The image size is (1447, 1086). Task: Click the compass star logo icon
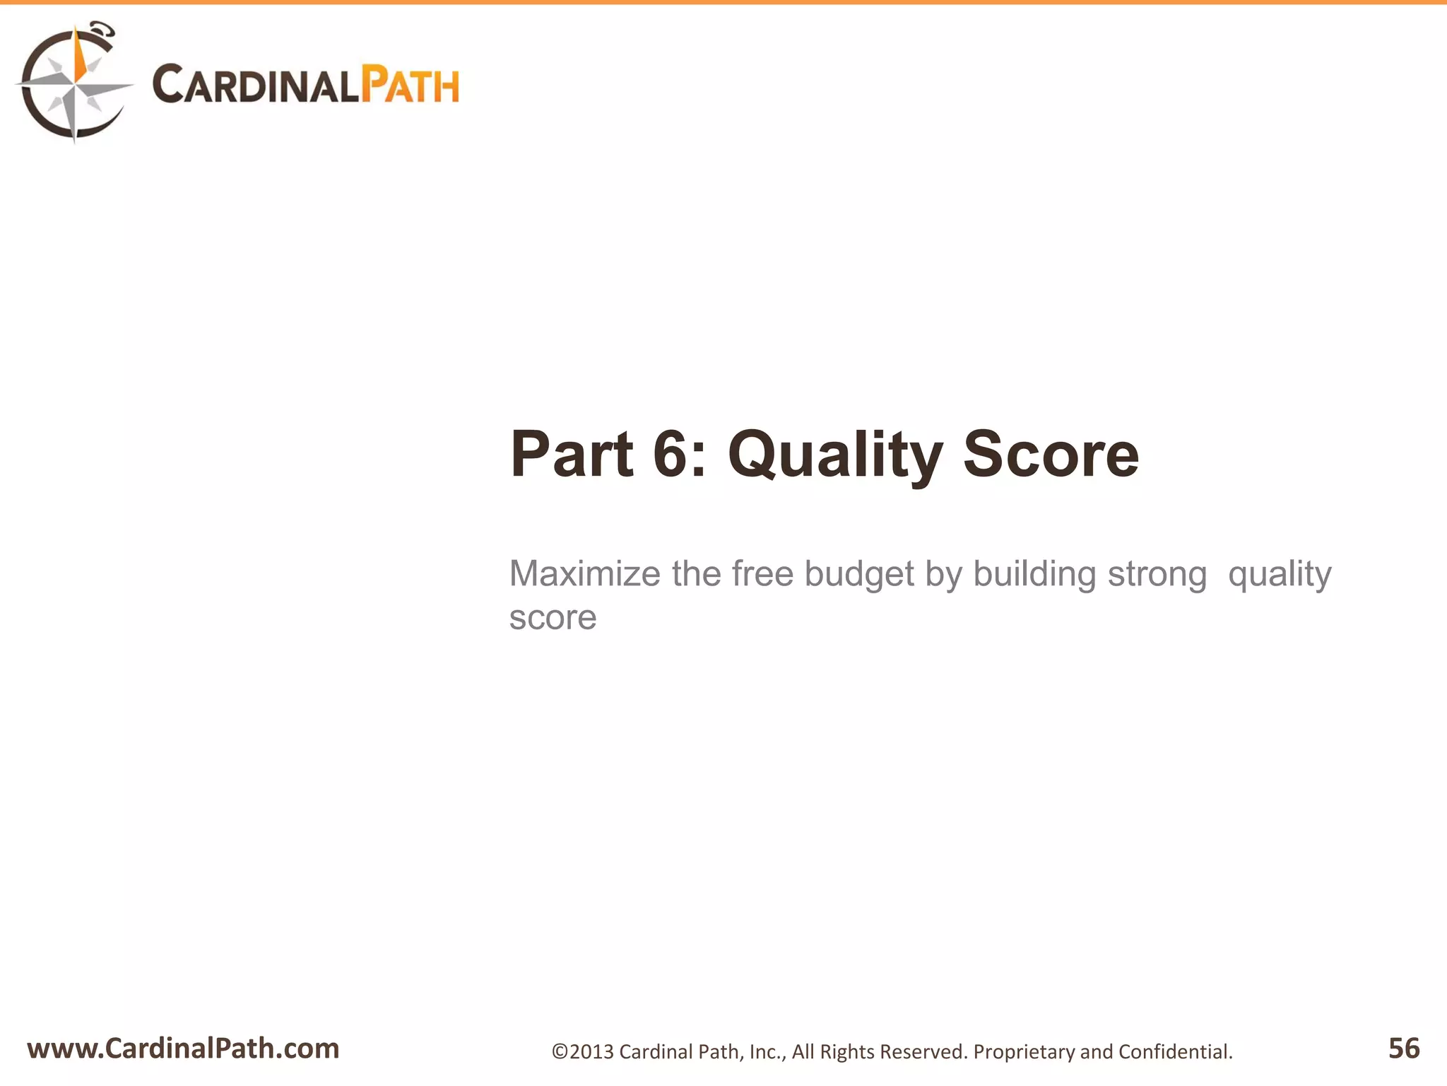(74, 83)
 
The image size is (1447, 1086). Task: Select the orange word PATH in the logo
(411, 86)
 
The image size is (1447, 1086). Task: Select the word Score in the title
(1051, 454)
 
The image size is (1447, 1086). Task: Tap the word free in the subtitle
(762, 573)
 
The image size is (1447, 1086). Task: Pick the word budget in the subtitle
(859, 575)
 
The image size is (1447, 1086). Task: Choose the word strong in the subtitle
(1157, 575)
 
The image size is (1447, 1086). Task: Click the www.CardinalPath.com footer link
(183, 1048)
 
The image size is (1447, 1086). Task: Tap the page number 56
(1403, 1048)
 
